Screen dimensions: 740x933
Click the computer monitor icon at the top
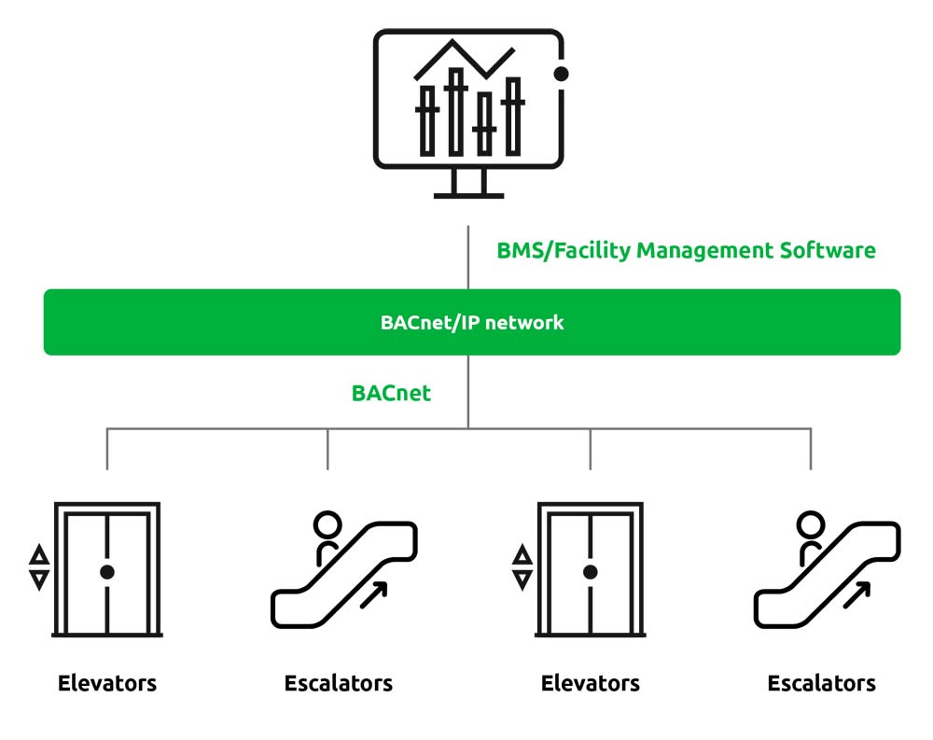[x=468, y=112]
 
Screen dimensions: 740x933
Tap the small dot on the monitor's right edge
[x=561, y=73]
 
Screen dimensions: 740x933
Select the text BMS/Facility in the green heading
[x=564, y=250]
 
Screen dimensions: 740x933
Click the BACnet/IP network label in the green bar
[x=472, y=323]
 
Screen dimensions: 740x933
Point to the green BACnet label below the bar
[x=391, y=393]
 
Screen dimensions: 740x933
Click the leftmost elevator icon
[x=107, y=570]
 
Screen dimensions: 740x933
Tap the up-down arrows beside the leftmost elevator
[x=39, y=568]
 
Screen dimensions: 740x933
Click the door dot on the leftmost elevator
[x=107, y=572]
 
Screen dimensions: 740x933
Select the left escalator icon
[x=343, y=571]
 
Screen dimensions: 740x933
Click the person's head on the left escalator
[x=327, y=524]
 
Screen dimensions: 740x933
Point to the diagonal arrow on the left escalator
[x=374, y=593]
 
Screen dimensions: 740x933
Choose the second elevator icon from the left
[x=590, y=570]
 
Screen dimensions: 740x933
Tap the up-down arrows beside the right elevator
[x=522, y=568]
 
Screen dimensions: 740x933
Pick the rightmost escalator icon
[x=827, y=571]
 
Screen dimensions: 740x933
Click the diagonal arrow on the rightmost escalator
[x=857, y=593]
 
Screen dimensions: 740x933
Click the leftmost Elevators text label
[x=107, y=683]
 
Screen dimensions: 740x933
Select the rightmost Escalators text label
[x=821, y=683]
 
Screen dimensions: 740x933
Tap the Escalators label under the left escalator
[x=339, y=683]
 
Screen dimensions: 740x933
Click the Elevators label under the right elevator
[x=591, y=683]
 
